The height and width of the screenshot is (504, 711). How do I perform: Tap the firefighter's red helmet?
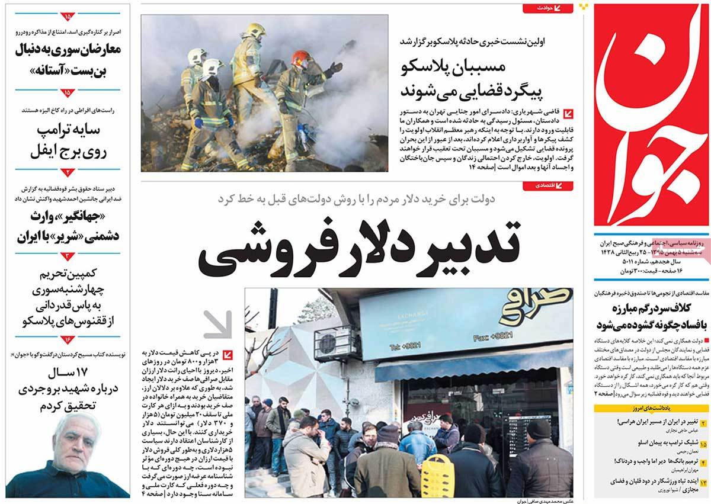300,57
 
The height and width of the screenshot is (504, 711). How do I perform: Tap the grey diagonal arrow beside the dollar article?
217,324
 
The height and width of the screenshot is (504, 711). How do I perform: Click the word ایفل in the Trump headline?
47,152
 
